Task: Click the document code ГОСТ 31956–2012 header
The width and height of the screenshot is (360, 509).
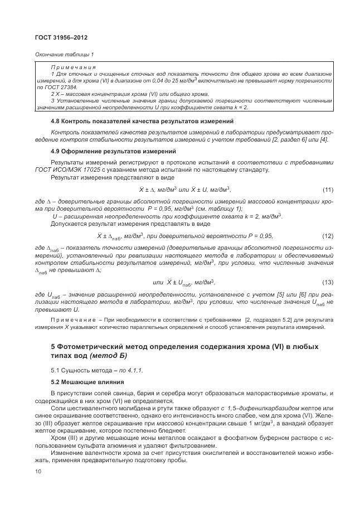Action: [x=61, y=38]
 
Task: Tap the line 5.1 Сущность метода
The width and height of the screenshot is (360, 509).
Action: [x=89, y=370]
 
